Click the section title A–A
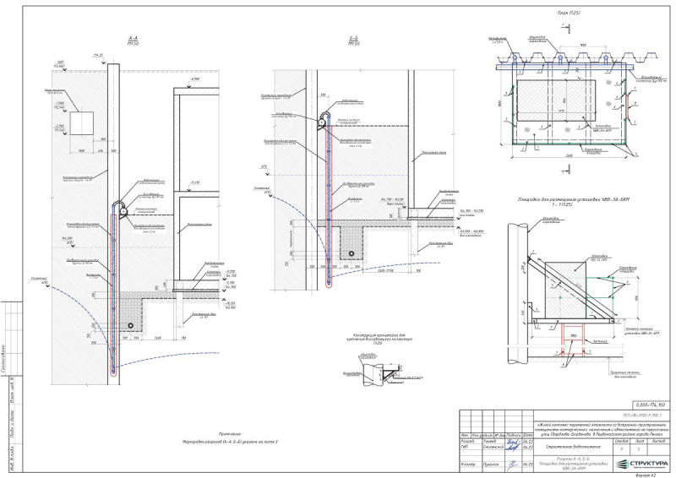pos(132,39)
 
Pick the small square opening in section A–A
pos(82,123)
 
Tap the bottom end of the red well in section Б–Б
pos(329,285)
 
